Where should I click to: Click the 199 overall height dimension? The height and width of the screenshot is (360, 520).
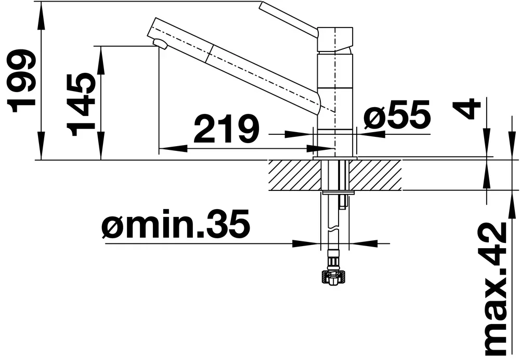[x=22, y=81]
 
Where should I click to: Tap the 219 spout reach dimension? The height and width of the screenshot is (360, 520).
[x=226, y=128]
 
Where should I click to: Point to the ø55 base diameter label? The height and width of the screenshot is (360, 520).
[x=397, y=114]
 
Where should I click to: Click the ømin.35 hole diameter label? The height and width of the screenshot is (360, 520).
[x=175, y=224]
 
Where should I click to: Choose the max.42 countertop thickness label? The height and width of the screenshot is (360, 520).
[x=496, y=289]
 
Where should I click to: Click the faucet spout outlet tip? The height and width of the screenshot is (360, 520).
[x=160, y=44]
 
